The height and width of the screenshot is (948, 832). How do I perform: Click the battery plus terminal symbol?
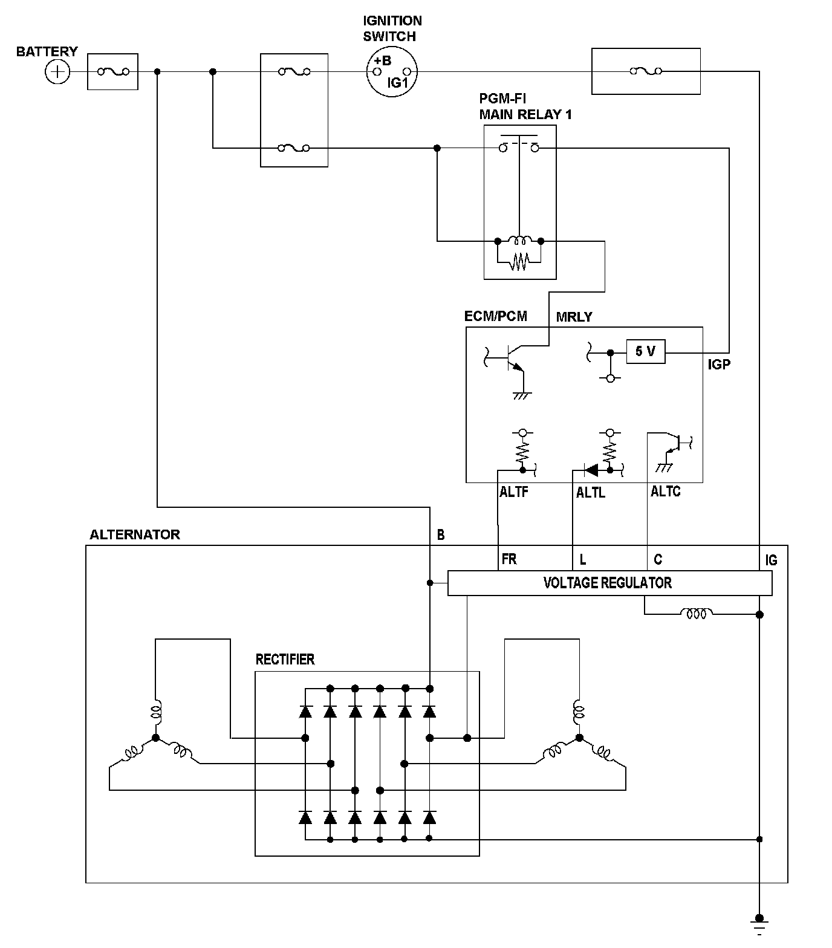(57, 73)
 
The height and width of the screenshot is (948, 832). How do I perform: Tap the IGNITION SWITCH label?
(392, 28)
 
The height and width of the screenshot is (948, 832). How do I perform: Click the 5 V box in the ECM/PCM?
(646, 351)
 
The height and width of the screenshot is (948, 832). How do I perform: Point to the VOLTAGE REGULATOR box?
(609, 583)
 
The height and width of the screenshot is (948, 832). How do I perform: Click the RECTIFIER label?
(285, 659)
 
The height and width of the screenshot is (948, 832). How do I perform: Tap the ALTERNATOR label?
(134, 534)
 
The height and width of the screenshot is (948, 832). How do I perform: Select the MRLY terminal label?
(574, 317)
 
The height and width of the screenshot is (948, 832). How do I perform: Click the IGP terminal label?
(719, 365)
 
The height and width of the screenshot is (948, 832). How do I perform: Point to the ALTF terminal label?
(513, 492)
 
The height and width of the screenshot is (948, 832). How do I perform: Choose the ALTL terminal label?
(590, 493)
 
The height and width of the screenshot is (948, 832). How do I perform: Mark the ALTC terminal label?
(665, 492)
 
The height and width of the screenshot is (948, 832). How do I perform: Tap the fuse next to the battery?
(112, 72)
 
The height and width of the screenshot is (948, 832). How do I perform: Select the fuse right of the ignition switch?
(646, 71)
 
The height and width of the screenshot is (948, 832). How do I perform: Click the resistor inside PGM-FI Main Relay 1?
(519, 262)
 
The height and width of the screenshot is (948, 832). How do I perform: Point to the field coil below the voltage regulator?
(697, 614)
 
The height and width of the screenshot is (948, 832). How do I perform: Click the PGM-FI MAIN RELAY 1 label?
(525, 106)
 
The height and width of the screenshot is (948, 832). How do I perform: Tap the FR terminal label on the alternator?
(509, 559)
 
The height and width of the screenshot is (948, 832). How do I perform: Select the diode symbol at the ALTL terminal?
(591, 470)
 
